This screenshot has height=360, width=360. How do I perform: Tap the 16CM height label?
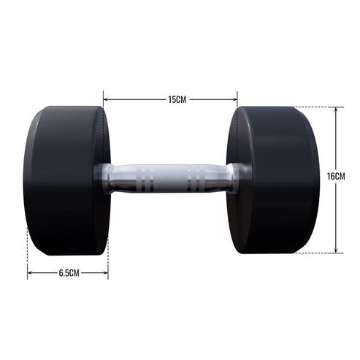coord(336,177)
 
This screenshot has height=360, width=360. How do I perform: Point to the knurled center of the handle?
coord(170,178)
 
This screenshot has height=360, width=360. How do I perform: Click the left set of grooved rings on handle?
coord(147,178)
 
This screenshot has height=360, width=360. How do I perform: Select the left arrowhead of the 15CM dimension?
coord(106,99)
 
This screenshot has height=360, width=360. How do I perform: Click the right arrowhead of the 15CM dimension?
coord(235,99)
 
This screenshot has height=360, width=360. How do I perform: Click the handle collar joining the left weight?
coord(106,178)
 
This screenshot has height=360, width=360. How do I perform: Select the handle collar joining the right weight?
coord(235,178)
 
